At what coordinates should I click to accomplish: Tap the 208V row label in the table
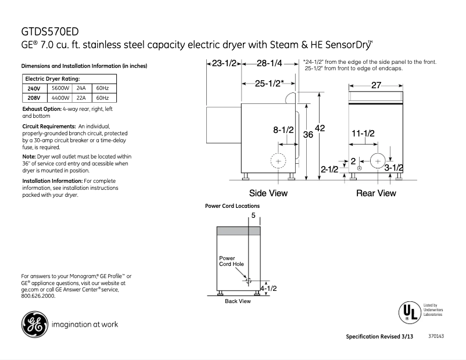click(34, 98)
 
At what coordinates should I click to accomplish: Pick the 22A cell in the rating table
click(81, 98)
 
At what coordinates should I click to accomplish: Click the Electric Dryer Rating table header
click(52, 78)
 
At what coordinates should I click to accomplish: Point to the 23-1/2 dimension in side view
click(224, 63)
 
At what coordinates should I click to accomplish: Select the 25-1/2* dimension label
click(269, 84)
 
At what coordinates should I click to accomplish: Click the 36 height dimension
click(308, 134)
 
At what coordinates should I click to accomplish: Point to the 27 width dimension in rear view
click(376, 85)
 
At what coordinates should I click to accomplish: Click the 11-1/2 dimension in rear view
click(363, 134)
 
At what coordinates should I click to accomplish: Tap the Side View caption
click(268, 193)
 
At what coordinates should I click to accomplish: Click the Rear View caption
click(376, 193)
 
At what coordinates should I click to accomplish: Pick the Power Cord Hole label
click(231, 261)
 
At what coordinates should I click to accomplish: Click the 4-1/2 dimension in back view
click(268, 288)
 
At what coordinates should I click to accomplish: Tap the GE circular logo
click(34, 324)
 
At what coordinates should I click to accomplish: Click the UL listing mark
click(408, 312)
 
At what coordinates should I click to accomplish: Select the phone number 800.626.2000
click(38, 296)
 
